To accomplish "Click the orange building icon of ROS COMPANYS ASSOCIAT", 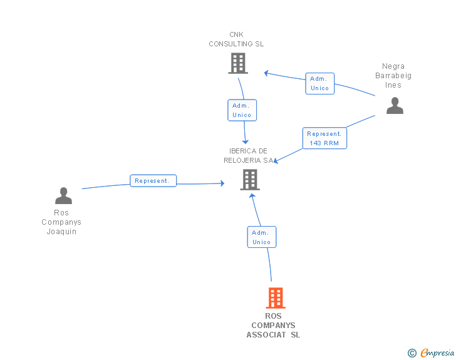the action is [x=276, y=298].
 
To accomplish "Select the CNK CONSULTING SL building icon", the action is [x=238, y=63].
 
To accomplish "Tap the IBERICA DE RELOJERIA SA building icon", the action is [x=250, y=180].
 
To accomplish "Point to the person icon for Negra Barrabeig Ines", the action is [x=395, y=106].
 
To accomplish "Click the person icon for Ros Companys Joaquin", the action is [x=63, y=195].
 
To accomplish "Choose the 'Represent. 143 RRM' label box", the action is [x=324, y=138].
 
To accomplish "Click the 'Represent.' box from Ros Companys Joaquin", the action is [x=153, y=180].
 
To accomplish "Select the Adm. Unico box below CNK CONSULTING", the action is [x=242, y=110].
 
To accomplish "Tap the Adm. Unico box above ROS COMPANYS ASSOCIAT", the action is [x=261, y=237].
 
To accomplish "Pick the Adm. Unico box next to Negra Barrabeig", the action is [x=319, y=83].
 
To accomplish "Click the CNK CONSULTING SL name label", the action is [x=236, y=39].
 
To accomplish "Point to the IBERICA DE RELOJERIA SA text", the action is [x=248, y=155].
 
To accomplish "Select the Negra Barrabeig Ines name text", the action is [x=393, y=76].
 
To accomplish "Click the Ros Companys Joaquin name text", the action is [x=61, y=222].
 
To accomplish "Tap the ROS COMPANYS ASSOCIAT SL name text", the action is [x=273, y=326].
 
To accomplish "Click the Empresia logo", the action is [x=437, y=352].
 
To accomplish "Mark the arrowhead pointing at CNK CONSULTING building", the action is [x=266, y=73].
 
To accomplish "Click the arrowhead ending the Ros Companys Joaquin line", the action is [x=222, y=183].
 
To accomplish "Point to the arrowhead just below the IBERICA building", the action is [x=252, y=196].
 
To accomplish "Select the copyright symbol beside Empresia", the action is [x=412, y=353].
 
